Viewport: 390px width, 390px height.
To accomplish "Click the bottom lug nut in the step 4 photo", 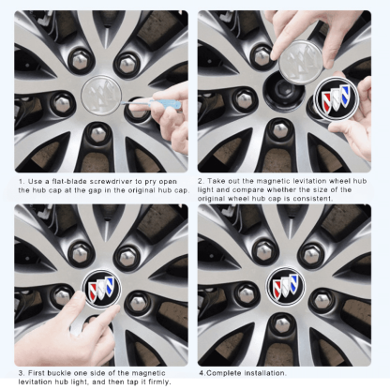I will pos(282,327).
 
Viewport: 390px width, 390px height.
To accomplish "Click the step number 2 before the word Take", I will pos(201,180).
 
